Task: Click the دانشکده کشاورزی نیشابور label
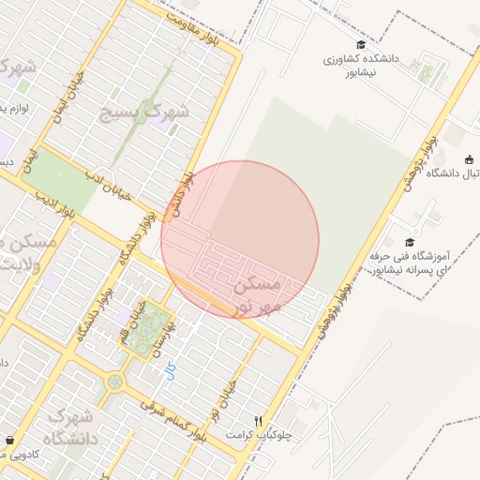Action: pos(361,65)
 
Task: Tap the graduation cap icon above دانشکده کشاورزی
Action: pos(361,45)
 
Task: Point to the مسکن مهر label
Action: pos(254,292)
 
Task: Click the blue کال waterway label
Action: pos(170,373)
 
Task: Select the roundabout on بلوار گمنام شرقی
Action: pos(114,382)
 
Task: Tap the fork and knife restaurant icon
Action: pos(258,421)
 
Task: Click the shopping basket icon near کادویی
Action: pos(9,441)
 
